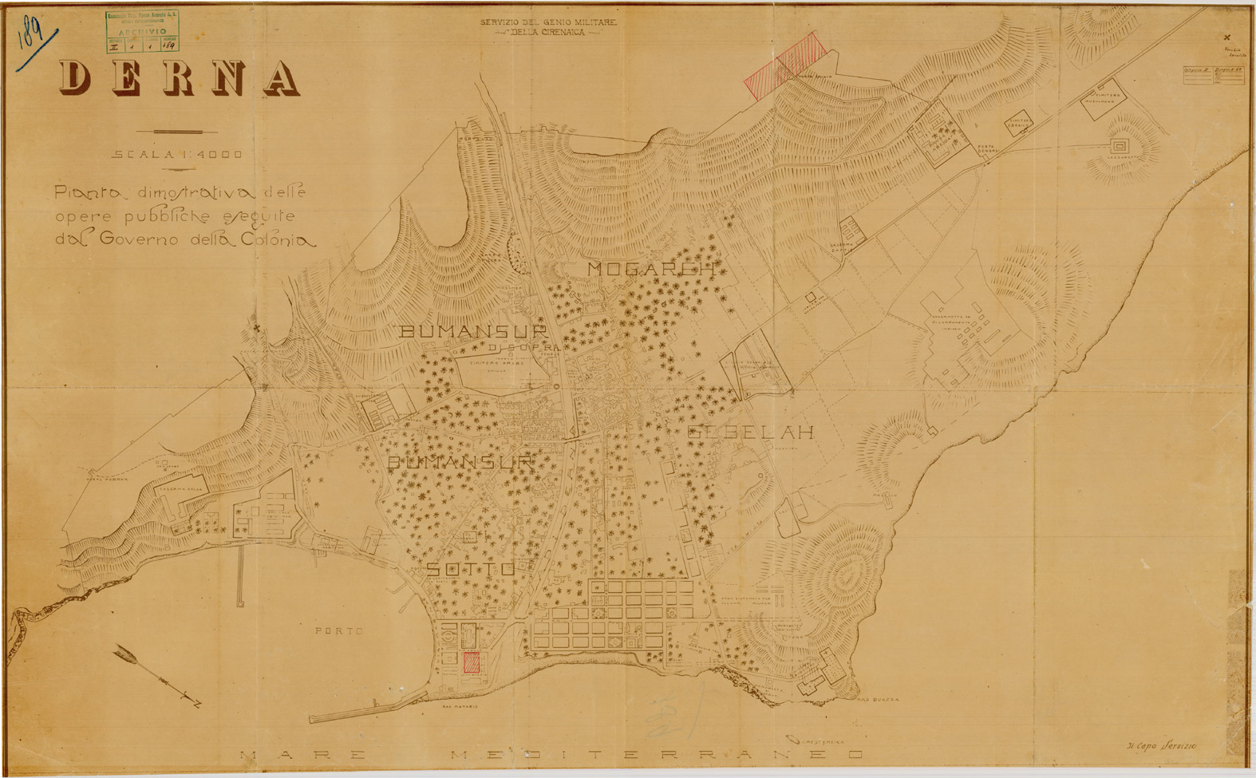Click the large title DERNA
pos(180,78)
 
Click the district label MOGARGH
pos(650,269)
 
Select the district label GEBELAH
pos(750,432)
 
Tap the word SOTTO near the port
pos(470,569)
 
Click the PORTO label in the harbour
pos(338,630)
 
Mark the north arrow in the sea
pos(156,676)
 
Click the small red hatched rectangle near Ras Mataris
pos(472,662)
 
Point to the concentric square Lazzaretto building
pos(1120,146)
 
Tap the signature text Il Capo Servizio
pos(1166,744)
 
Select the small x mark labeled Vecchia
pos(1226,38)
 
